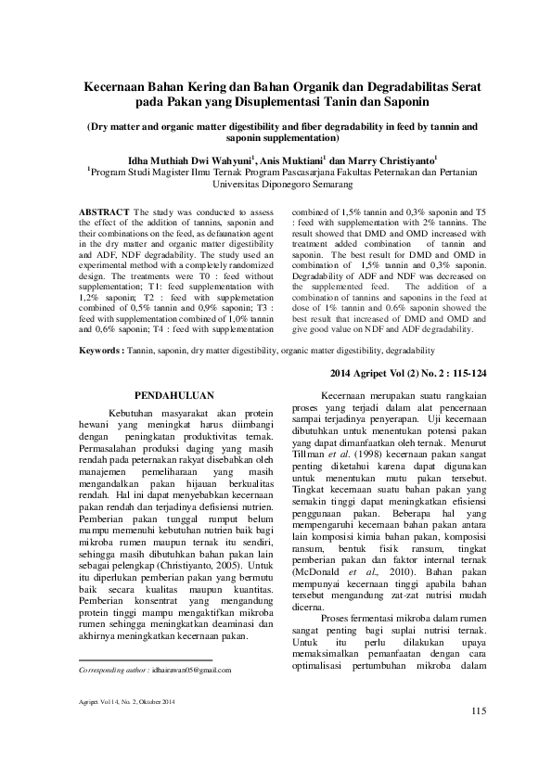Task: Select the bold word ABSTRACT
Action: (x=103, y=212)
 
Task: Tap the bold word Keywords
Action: (x=101, y=352)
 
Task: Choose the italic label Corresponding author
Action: (x=112, y=668)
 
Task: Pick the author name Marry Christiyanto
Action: (x=396, y=159)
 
